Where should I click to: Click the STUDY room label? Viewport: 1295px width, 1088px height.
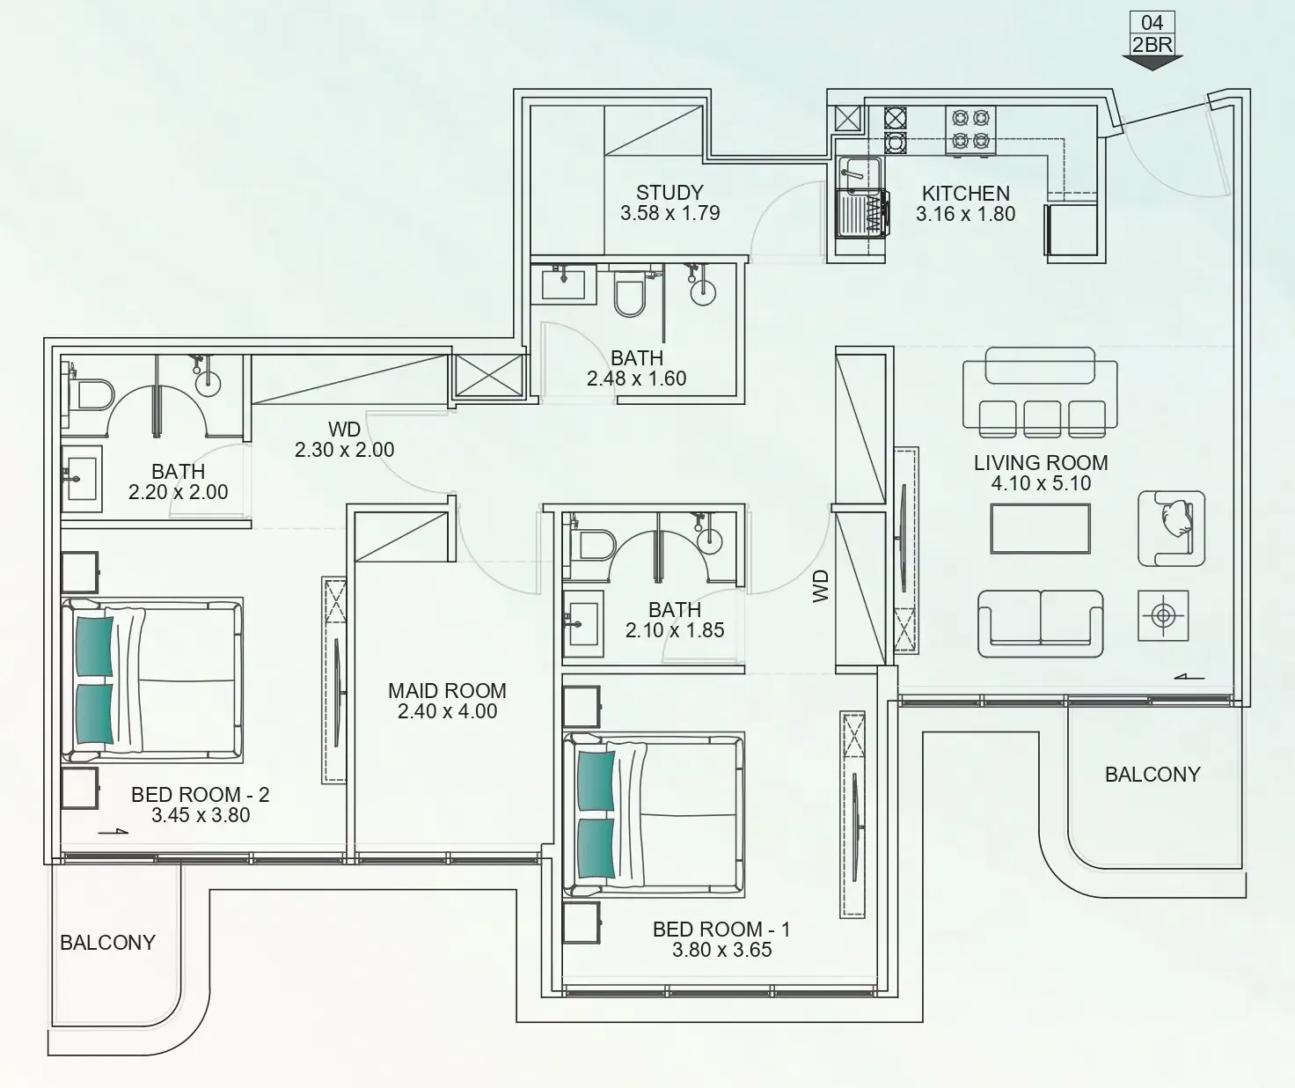click(669, 193)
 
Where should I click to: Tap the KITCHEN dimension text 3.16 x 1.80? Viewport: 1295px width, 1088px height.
click(965, 214)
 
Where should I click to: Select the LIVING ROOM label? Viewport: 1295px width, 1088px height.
click(1040, 463)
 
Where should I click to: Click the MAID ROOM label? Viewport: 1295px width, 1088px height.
click(447, 691)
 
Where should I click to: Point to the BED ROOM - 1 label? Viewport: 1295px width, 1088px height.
click(721, 930)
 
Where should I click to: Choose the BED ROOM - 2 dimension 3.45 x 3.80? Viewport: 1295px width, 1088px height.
click(201, 815)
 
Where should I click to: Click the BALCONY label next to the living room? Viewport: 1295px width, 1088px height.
click(1152, 775)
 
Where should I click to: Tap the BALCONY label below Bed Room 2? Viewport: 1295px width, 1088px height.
click(107, 943)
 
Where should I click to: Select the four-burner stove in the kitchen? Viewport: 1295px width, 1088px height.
click(970, 129)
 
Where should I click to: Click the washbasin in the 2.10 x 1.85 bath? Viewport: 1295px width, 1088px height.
click(582, 621)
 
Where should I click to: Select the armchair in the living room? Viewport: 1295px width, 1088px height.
click(1171, 528)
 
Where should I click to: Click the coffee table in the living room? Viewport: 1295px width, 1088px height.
click(1040, 528)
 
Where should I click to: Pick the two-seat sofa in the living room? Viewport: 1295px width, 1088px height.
click(1040, 623)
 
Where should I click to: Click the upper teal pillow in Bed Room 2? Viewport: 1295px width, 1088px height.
click(94, 646)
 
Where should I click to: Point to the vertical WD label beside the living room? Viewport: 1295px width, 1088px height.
click(820, 585)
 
